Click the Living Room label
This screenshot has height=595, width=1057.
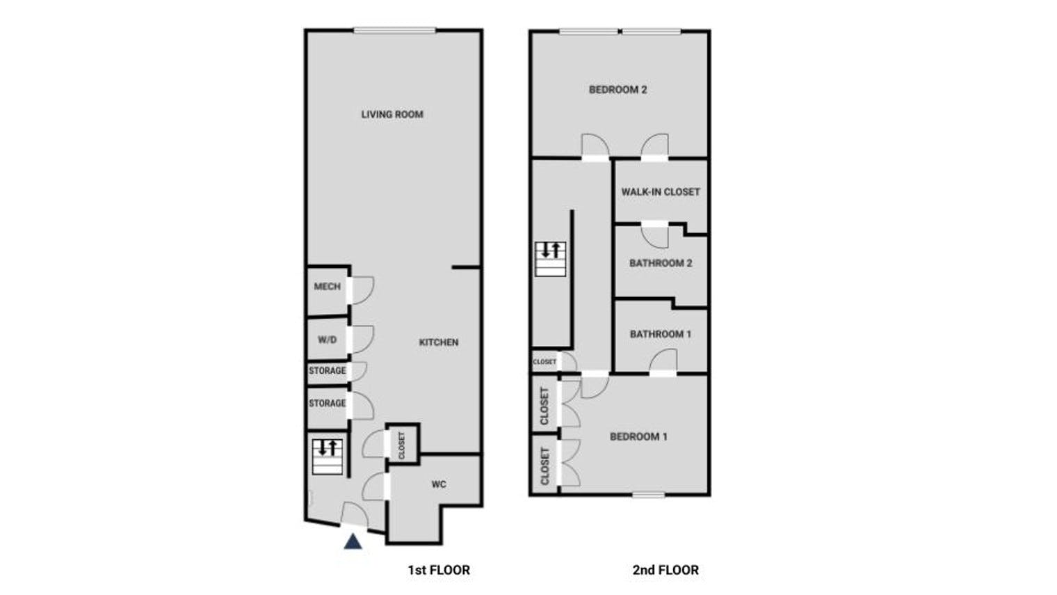[x=392, y=114]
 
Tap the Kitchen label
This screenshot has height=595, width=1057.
[x=438, y=342]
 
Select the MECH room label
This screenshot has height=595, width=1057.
[x=327, y=286]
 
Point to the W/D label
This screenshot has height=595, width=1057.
[x=327, y=340]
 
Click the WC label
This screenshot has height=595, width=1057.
[x=438, y=484]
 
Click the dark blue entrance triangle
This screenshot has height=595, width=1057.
[x=353, y=541]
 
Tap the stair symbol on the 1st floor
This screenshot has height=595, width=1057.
[x=327, y=456]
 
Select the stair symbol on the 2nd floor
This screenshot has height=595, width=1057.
[x=550, y=258]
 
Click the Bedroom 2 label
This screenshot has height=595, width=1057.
[x=618, y=90]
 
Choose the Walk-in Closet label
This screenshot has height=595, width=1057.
[x=661, y=191]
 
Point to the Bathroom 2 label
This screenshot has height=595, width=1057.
[x=661, y=263]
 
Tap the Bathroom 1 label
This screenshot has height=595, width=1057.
[x=661, y=334]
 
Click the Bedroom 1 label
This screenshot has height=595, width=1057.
[x=638, y=437]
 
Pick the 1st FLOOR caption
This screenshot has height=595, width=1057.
[x=439, y=570]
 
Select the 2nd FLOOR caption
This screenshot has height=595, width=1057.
[x=665, y=570]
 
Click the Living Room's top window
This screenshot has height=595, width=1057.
[x=394, y=30]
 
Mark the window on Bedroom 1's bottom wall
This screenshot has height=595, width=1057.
[x=648, y=495]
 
